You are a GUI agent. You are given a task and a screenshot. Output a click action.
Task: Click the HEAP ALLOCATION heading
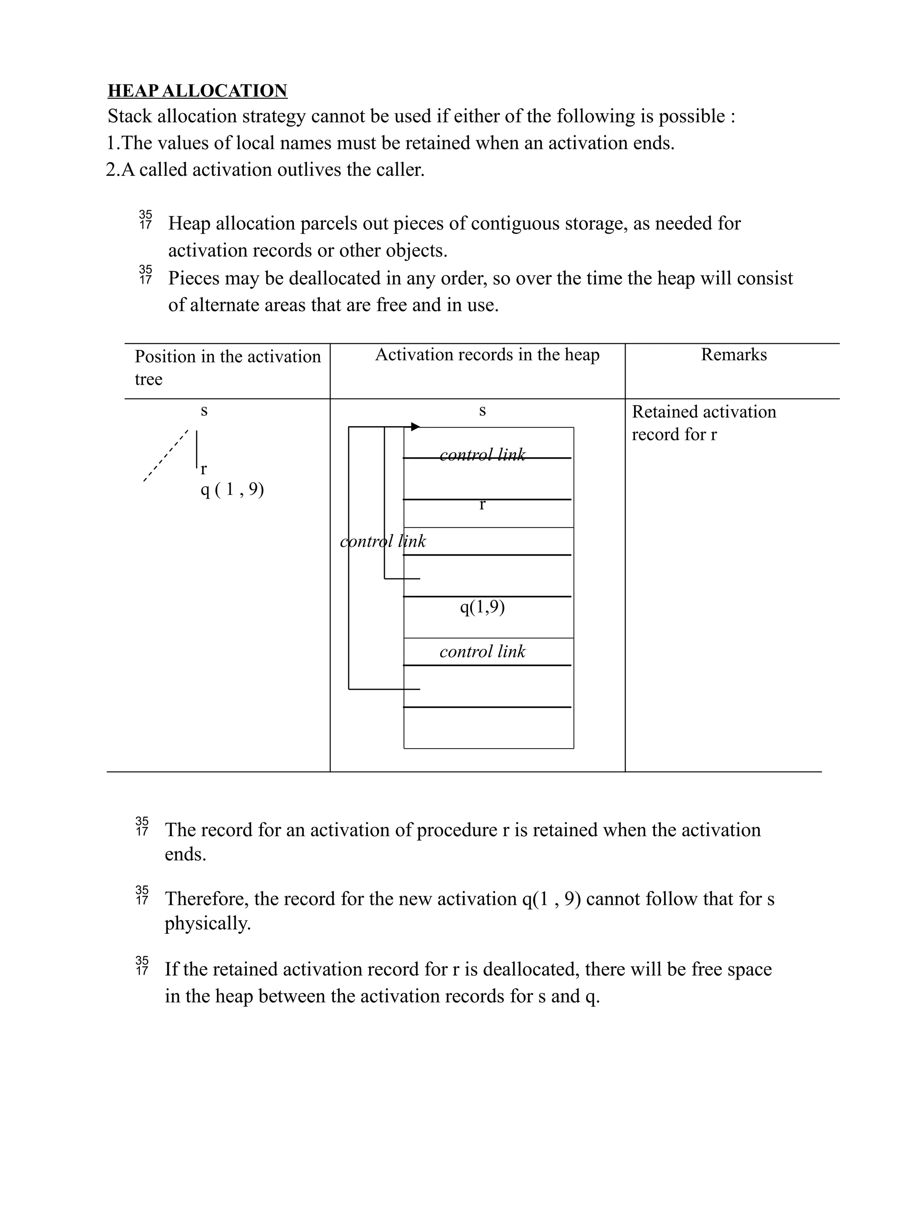pyautogui.click(x=197, y=91)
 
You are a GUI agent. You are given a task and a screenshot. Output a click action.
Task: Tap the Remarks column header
pyautogui.click(x=733, y=354)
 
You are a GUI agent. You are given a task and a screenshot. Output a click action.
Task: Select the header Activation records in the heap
pyautogui.click(x=487, y=354)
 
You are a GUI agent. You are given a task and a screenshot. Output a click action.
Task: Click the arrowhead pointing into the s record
pyautogui.click(x=415, y=427)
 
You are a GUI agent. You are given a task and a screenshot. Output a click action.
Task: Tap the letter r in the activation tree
pyautogui.click(x=204, y=469)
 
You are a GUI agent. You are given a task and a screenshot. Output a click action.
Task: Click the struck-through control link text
pyautogui.click(x=482, y=455)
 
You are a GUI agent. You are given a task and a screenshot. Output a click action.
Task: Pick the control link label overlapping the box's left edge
pyautogui.click(x=383, y=541)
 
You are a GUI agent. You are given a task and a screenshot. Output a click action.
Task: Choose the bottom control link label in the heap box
pyautogui.click(x=482, y=651)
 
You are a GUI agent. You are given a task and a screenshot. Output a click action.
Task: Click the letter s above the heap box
pyautogui.click(x=482, y=411)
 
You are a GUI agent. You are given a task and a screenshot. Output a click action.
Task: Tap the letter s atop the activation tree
pyautogui.click(x=204, y=411)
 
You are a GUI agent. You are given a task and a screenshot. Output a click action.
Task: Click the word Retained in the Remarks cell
pyautogui.click(x=664, y=412)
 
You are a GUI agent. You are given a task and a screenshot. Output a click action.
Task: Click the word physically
pyautogui.click(x=207, y=923)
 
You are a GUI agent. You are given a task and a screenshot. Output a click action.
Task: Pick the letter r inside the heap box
pyautogui.click(x=482, y=504)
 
